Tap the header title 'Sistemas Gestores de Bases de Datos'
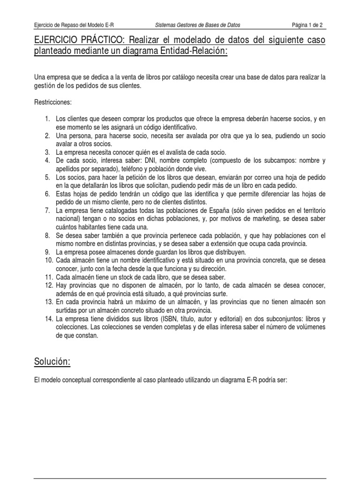[200, 25]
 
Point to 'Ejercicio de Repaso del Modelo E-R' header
[74, 25]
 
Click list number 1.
[48, 120]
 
